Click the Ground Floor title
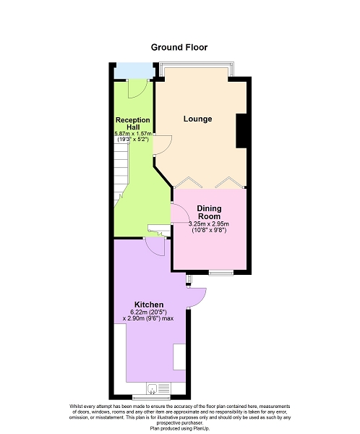pos(179,47)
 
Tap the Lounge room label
pos(197,119)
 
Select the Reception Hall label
pos(133,124)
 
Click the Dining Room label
pos(209,212)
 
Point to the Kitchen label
pos(149,305)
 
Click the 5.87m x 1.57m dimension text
pos(133,134)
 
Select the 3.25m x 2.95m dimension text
pos(209,224)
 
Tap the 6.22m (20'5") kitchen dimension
pos(149,312)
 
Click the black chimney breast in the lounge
pos(241,131)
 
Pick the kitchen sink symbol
pos(152,388)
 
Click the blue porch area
pos(134,71)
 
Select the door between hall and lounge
pos(163,145)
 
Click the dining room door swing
pos(180,213)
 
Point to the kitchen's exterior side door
pos(197,298)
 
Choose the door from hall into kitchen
pos(155,247)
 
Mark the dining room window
pos(221,273)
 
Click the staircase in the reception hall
pos(121,171)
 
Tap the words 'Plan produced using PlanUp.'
pos(180,428)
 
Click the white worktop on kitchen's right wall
pos(179,357)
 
